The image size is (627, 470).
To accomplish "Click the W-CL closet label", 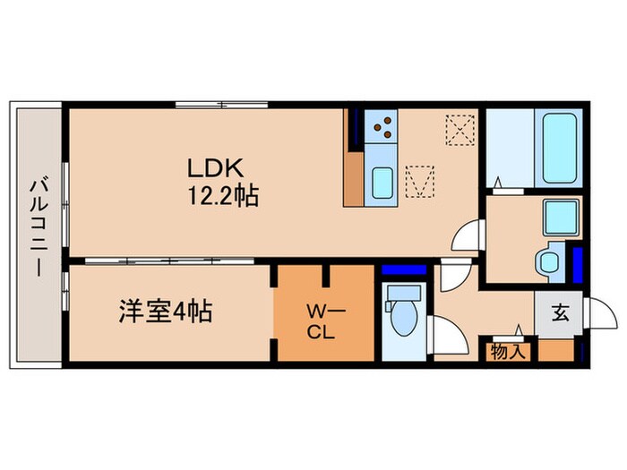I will pos(322,320).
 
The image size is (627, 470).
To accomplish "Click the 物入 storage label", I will pos(509,352).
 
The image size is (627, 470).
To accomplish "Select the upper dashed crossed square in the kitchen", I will pos(460,130).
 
